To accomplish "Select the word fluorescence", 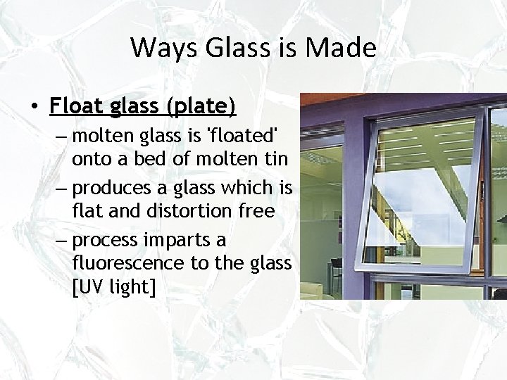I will (x=127, y=265).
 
